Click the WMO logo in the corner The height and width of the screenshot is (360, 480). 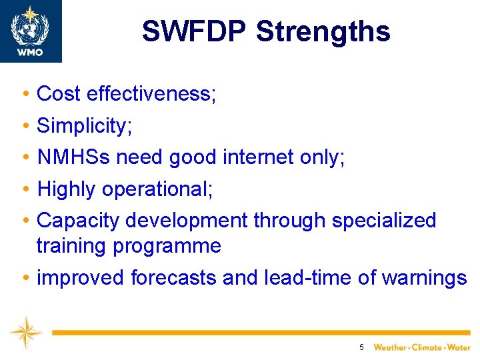click(x=31, y=31)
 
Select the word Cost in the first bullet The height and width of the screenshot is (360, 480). click(x=59, y=94)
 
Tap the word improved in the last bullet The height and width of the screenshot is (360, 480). click(x=81, y=277)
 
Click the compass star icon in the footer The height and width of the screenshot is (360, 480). click(x=26, y=332)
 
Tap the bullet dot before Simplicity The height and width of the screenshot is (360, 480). click(x=24, y=126)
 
